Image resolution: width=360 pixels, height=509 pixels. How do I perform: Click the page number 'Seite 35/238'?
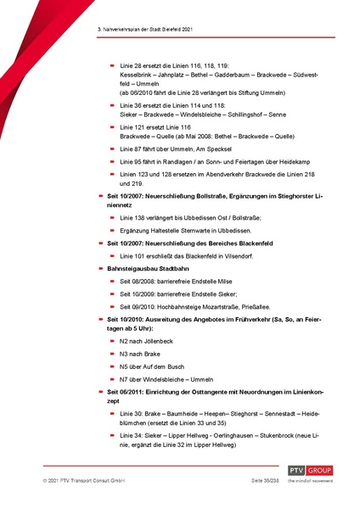(x=245, y=480)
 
